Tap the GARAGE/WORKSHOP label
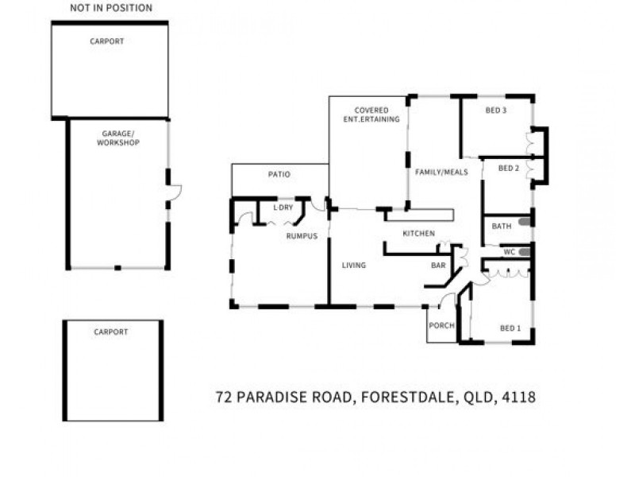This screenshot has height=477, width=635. pyautogui.click(x=118, y=138)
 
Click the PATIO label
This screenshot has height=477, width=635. pyautogui.click(x=279, y=174)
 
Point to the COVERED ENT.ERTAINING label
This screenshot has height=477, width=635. pyautogui.click(x=371, y=114)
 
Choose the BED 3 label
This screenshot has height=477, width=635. pyautogui.click(x=496, y=111)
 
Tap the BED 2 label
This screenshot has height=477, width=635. pyautogui.click(x=508, y=169)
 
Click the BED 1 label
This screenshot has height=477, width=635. pyautogui.click(x=510, y=328)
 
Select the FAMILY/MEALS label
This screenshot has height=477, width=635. pyautogui.click(x=441, y=172)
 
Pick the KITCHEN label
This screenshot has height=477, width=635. pyautogui.click(x=418, y=233)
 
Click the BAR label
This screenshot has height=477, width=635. pyautogui.click(x=438, y=266)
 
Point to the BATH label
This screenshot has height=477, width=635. pyautogui.click(x=502, y=227)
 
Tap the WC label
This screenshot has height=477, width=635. pyautogui.click(x=510, y=252)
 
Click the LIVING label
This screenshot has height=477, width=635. pyautogui.click(x=354, y=266)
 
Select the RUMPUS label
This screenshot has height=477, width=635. pyautogui.click(x=302, y=236)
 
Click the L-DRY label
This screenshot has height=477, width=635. pyautogui.click(x=283, y=207)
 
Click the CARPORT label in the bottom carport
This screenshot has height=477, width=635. pyautogui.click(x=111, y=332)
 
